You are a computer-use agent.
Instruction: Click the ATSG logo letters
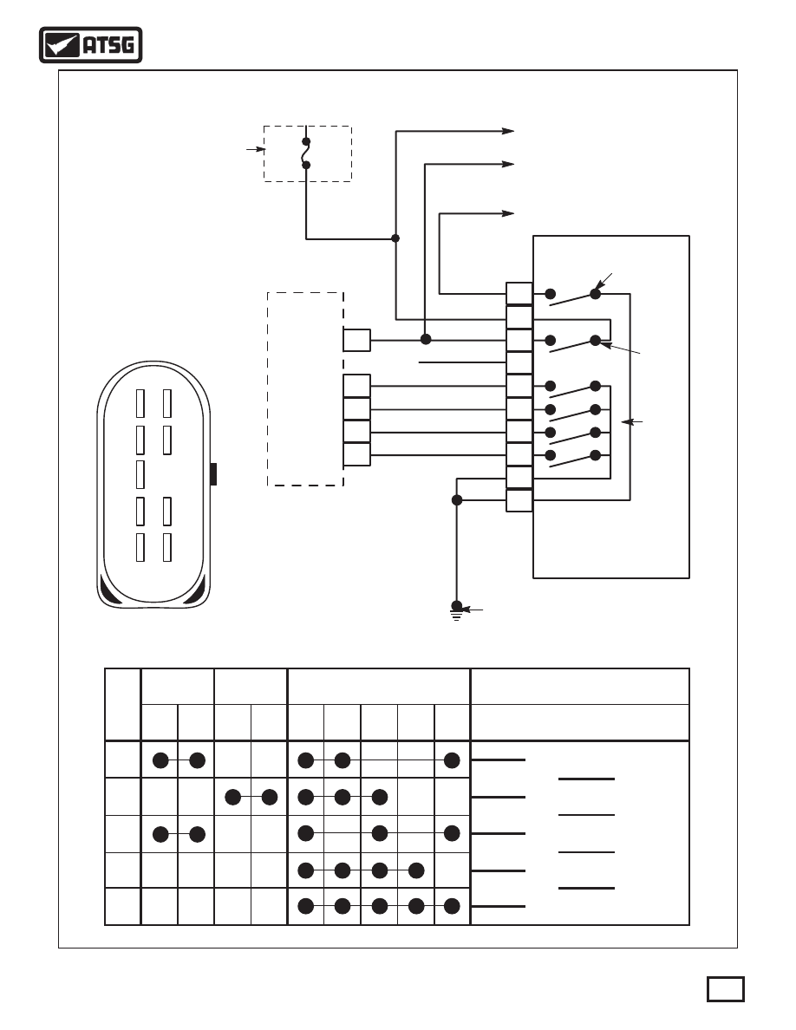(108, 45)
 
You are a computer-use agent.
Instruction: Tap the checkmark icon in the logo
(61, 45)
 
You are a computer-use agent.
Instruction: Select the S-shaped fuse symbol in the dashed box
(306, 153)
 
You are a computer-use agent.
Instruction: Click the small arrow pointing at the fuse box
(256, 150)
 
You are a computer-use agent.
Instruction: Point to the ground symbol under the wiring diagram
(456, 611)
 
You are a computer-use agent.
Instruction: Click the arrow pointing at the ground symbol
(473, 610)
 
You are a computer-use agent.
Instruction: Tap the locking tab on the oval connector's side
(213, 473)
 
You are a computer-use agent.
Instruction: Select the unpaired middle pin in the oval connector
(140, 474)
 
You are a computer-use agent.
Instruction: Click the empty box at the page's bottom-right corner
(725, 989)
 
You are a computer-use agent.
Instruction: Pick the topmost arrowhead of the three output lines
(508, 132)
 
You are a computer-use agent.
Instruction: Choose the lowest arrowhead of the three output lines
(508, 213)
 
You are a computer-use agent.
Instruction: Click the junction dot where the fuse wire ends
(395, 238)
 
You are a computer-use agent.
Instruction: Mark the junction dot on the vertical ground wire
(457, 500)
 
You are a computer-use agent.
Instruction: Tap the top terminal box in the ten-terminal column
(519, 294)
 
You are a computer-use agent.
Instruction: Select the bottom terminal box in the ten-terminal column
(519, 500)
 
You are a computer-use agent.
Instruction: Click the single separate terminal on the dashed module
(356, 340)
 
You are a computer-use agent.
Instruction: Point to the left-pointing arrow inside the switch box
(632, 421)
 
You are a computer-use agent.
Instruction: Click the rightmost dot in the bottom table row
(452, 907)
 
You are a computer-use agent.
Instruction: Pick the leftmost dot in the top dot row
(160, 760)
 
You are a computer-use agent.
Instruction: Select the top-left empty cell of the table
(123, 705)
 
